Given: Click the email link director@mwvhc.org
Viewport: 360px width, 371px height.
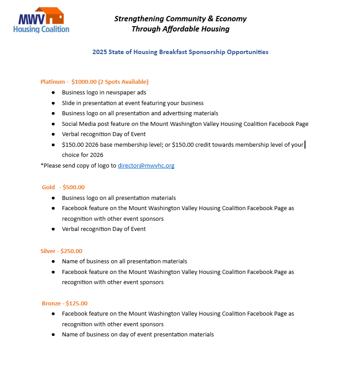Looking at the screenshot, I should point(146,166).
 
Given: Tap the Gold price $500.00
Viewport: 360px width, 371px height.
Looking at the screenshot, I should point(74,187).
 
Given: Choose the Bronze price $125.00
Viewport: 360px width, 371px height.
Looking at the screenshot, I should point(77,304).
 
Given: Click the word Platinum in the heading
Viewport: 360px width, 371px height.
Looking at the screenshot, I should point(52,82).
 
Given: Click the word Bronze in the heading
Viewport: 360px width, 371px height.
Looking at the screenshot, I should point(51,304).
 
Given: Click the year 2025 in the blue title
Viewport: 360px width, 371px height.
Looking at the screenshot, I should point(99,52).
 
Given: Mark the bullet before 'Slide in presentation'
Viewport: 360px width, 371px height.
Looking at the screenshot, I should point(53,103).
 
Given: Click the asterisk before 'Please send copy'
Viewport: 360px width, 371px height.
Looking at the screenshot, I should point(42,165).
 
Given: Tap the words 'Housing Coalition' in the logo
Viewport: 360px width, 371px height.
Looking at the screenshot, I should point(41,29).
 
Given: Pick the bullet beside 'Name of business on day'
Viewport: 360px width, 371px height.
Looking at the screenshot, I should point(53,335).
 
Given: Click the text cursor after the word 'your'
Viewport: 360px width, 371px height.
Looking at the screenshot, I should point(305,144).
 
